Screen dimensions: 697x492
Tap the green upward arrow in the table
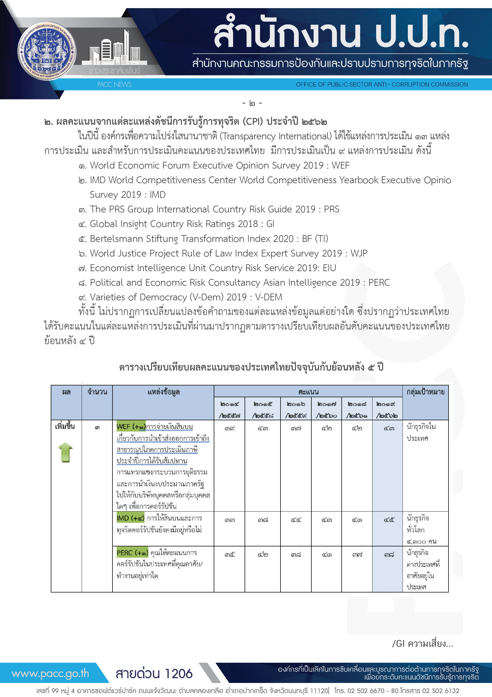point(65,452)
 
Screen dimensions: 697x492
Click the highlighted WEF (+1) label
point(131,426)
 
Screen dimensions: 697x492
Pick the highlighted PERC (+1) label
point(132,553)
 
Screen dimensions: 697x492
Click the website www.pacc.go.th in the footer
point(50,673)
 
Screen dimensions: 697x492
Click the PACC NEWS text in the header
point(114,84)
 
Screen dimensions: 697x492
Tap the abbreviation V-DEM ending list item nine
point(269,297)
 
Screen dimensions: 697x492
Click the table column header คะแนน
point(308,392)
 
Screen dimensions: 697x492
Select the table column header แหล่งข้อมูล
point(164,392)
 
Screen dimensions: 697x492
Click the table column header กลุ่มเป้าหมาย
point(425,392)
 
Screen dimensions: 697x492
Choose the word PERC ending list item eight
point(379,282)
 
